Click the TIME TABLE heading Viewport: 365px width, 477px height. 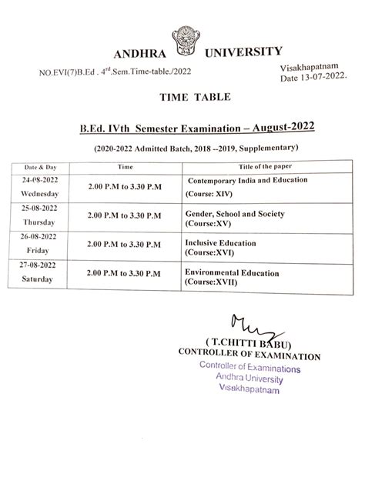click(184, 98)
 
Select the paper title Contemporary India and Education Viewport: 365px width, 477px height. click(247, 180)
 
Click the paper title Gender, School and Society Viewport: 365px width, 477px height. click(235, 213)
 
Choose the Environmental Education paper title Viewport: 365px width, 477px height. click(231, 272)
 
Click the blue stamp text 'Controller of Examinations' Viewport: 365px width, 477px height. click(250, 369)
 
